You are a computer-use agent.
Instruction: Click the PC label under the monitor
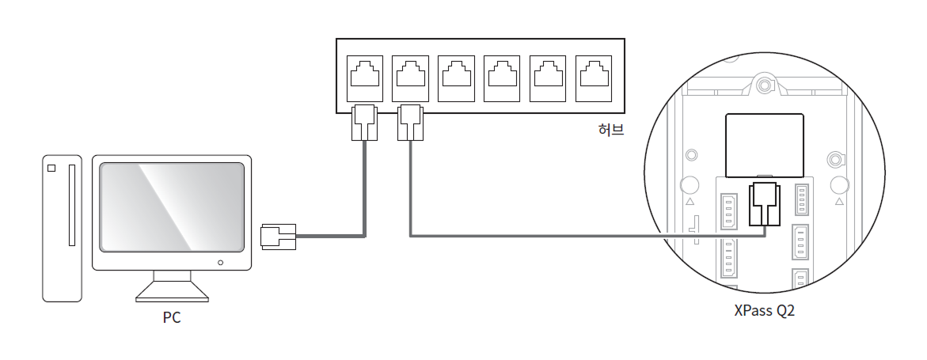pyautogui.click(x=172, y=317)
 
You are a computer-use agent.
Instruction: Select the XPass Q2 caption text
pyautogui.click(x=764, y=310)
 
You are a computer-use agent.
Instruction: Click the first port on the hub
pyautogui.click(x=365, y=78)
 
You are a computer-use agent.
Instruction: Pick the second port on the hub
pyautogui.click(x=410, y=78)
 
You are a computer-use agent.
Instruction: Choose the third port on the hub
pyautogui.click(x=456, y=78)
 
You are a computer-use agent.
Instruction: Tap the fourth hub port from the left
pyautogui.click(x=502, y=78)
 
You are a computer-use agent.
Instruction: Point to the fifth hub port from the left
pyautogui.click(x=548, y=78)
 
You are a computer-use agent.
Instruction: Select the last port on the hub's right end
pyautogui.click(x=593, y=78)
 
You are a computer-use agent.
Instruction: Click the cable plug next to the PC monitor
pyautogui.click(x=278, y=237)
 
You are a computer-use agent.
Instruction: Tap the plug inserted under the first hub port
pyautogui.click(x=364, y=123)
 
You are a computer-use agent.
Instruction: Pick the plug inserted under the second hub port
pyautogui.click(x=410, y=123)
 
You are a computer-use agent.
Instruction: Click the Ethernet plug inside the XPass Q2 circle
pyautogui.click(x=765, y=205)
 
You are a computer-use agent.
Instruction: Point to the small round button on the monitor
pyautogui.click(x=221, y=263)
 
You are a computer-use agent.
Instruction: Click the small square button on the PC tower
pyautogui.click(x=51, y=168)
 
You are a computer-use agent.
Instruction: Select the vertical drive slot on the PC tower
pyautogui.click(x=72, y=205)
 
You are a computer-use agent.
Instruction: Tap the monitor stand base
pyautogui.click(x=172, y=291)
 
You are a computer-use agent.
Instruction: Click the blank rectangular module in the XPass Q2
pyautogui.click(x=765, y=146)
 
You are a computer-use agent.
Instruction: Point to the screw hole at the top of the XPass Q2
pyautogui.click(x=765, y=85)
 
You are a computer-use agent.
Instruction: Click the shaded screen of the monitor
pyautogui.click(x=172, y=207)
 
